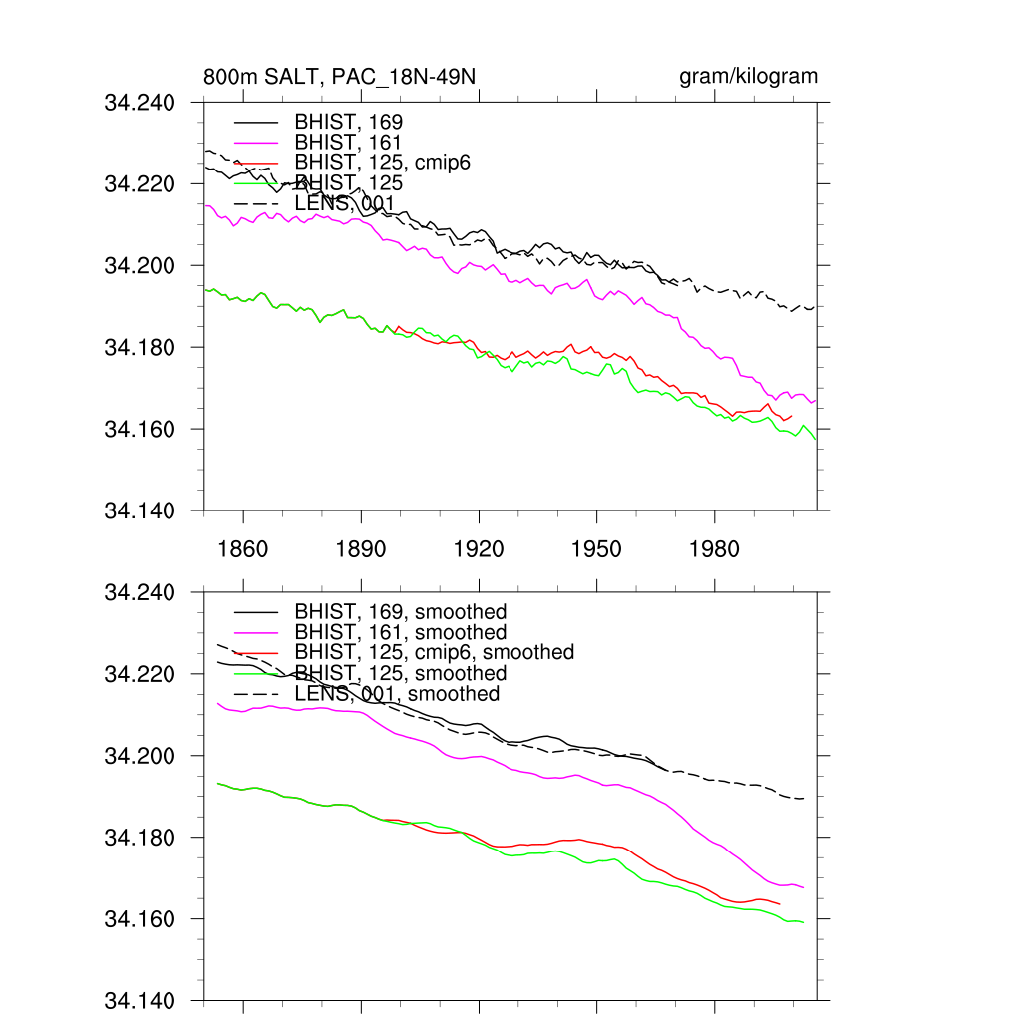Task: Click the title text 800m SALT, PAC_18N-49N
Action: [x=346, y=77]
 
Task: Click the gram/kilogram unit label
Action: [x=748, y=77]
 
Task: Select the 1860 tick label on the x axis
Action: [x=243, y=549]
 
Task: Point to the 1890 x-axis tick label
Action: [x=361, y=549]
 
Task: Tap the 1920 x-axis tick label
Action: [x=479, y=549]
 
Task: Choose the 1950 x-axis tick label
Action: [x=596, y=549]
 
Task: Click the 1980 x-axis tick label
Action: [x=714, y=549]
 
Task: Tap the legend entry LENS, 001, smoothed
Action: [x=397, y=693]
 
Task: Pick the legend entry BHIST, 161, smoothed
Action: [x=401, y=632]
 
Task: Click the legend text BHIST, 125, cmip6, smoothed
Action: [x=435, y=652]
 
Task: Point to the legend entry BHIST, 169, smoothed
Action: [x=401, y=611]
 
